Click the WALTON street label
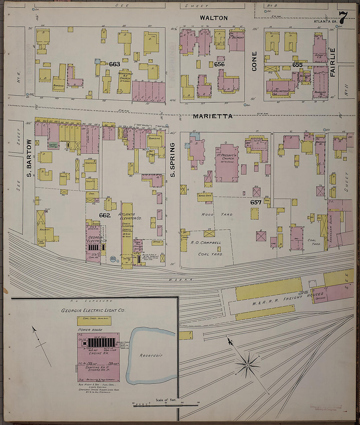(x=214, y=18)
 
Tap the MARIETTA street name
(x=212, y=116)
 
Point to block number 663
(x=115, y=64)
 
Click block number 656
(x=219, y=64)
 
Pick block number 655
(x=297, y=65)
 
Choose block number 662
(x=105, y=215)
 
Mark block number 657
(x=256, y=202)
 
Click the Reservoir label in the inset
(x=151, y=355)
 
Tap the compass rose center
(x=248, y=364)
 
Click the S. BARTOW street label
(x=29, y=159)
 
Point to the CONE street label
(x=254, y=61)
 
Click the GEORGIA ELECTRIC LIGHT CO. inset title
(x=93, y=310)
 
